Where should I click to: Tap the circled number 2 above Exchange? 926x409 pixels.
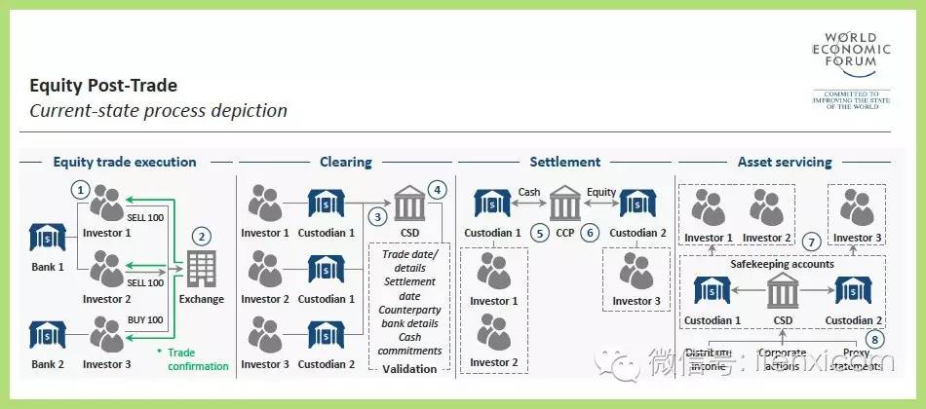(x=202, y=236)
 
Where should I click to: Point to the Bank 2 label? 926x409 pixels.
(x=48, y=364)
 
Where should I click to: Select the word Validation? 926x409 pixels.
(x=409, y=369)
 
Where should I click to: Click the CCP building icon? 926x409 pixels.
(x=564, y=204)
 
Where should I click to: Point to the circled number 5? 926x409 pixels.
(x=538, y=234)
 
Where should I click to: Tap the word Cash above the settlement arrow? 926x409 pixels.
(x=529, y=192)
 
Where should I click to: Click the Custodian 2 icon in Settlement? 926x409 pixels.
(x=637, y=204)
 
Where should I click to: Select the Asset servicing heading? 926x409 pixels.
(x=784, y=162)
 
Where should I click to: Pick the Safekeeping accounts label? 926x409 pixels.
(x=783, y=264)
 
